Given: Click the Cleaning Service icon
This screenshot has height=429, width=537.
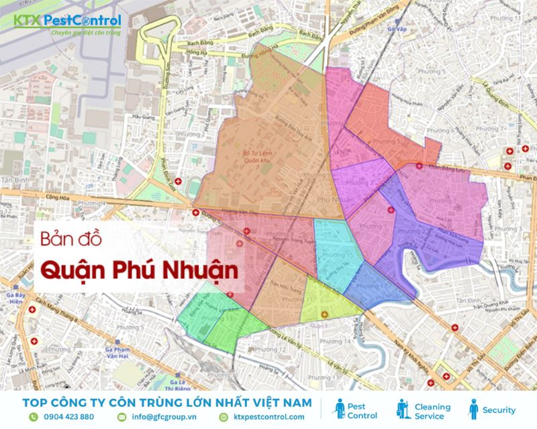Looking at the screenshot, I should pos(403,409).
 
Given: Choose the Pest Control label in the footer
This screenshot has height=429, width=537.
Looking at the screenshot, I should pos(362,411).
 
